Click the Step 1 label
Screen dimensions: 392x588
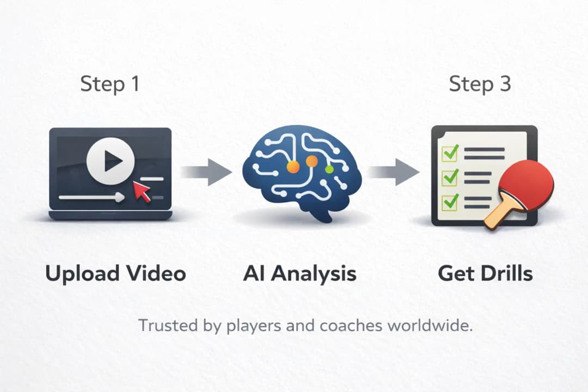[110, 84]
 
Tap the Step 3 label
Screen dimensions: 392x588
[480, 84]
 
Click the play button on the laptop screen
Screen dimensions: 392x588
[111, 160]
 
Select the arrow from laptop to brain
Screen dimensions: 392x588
[206, 173]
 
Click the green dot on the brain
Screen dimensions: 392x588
[329, 169]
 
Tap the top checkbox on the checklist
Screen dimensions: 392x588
[450, 153]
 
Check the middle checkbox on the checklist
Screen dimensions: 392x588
[450, 177]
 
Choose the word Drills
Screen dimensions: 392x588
[503, 273]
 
